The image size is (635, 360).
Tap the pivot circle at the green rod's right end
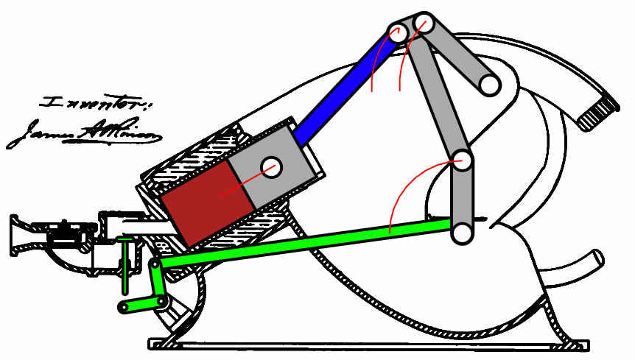462,233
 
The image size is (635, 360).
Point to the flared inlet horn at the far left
20,236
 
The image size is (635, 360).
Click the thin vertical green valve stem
126,261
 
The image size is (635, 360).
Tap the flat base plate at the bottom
368,344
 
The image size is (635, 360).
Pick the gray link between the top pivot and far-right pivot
457,54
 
